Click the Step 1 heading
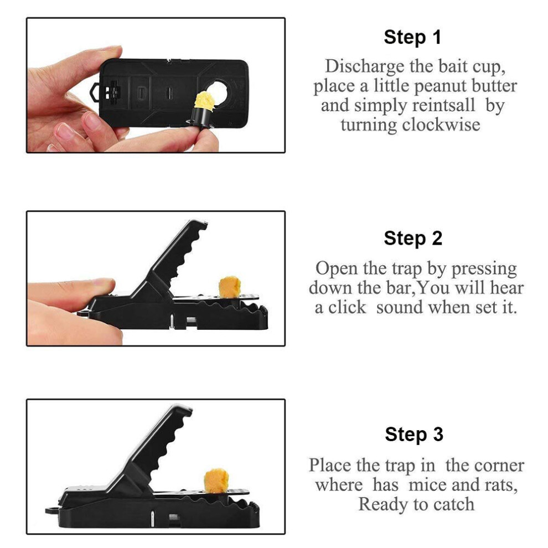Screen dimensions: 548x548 412,37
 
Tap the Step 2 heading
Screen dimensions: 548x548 413,239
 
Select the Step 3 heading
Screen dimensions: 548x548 414,435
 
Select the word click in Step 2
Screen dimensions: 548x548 347,308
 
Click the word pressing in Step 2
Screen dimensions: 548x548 484,270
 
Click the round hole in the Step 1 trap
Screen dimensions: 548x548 217,92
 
